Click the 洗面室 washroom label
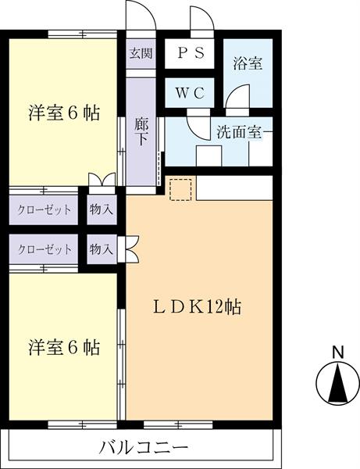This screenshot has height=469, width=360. tap(243, 132)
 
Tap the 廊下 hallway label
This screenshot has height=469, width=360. tap(141, 130)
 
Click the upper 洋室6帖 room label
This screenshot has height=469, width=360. tap(65, 113)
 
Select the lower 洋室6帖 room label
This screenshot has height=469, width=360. tap(65, 346)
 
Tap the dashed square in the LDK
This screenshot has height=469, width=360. tap(180, 190)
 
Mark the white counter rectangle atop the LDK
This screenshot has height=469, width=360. tap(234, 188)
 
